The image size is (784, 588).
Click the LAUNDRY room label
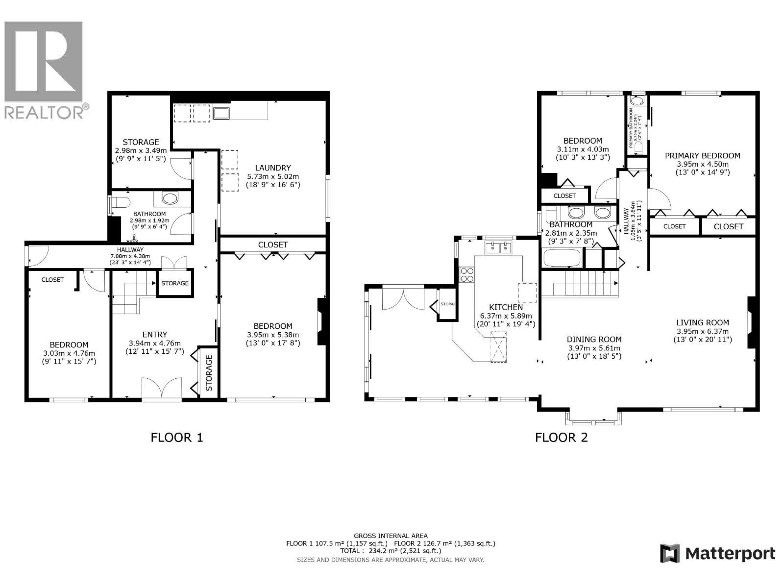[272, 168]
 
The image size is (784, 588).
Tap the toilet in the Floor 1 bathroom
[119, 202]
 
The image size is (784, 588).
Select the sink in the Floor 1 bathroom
[170, 198]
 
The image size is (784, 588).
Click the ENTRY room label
[155, 335]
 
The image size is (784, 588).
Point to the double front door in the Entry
[162, 389]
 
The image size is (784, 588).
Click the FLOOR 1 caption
[176, 437]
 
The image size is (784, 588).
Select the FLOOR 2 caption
[561, 437]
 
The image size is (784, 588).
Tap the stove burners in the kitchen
[467, 275]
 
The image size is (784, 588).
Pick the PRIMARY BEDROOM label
[702, 156]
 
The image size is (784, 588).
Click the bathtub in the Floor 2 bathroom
[562, 258]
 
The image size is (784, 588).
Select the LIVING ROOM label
[702, 322]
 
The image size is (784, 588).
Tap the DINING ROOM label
[594, 339]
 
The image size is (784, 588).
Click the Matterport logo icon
[670, 553]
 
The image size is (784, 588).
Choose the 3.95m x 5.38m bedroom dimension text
[273, 335]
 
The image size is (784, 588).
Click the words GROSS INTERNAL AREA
[391, 536]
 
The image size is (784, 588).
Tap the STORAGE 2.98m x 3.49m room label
[141, 142]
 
